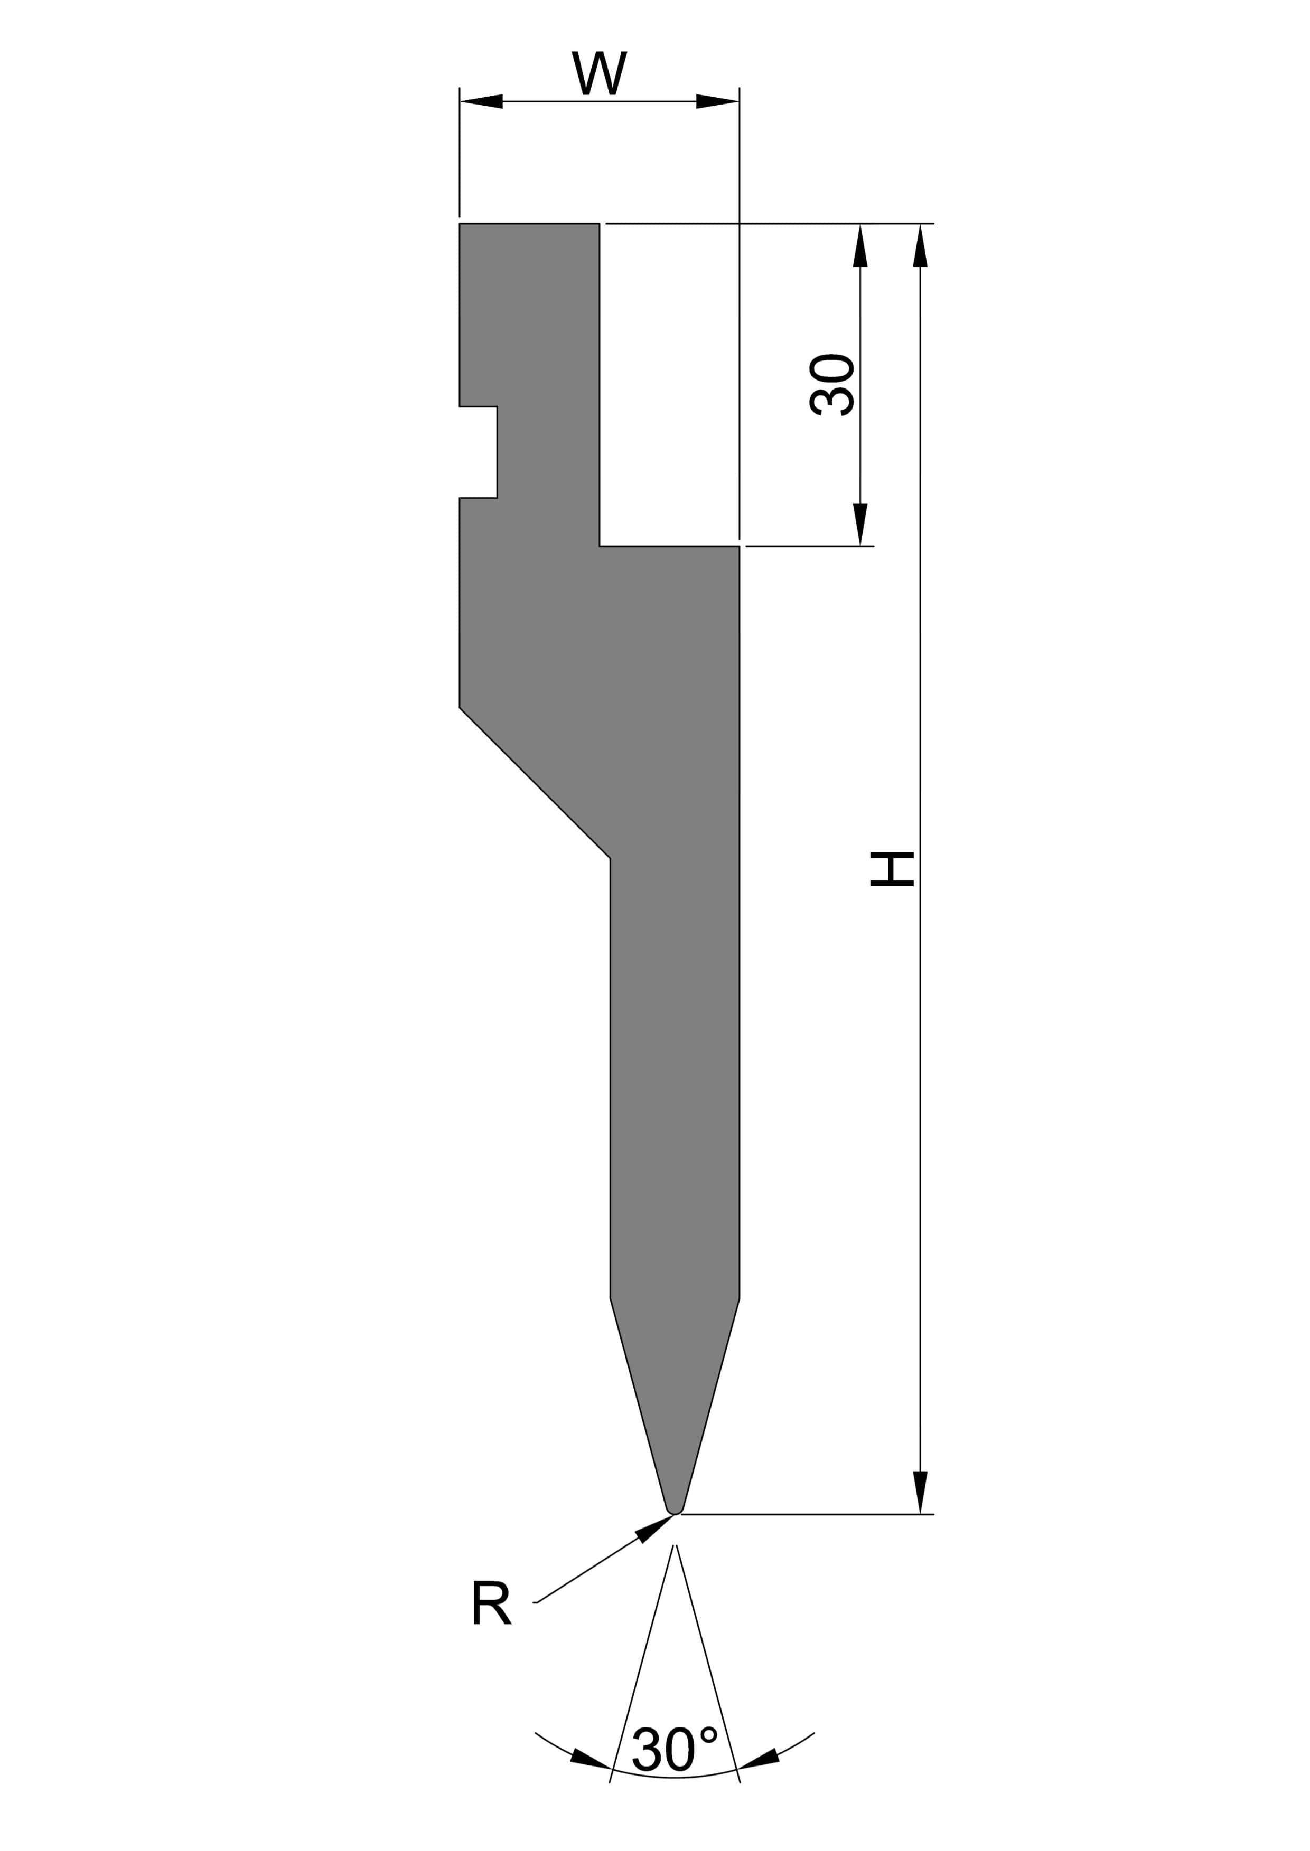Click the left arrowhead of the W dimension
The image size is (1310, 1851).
(x=482, y=101)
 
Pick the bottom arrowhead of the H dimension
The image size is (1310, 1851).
(x=920, y=1492)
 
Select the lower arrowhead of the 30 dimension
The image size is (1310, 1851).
(x=860, y=524)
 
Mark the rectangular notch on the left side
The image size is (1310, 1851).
(x=479, y=452)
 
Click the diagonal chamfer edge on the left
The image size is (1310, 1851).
(x=534, y=783)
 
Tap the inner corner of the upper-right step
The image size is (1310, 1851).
(x=600, y=546)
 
